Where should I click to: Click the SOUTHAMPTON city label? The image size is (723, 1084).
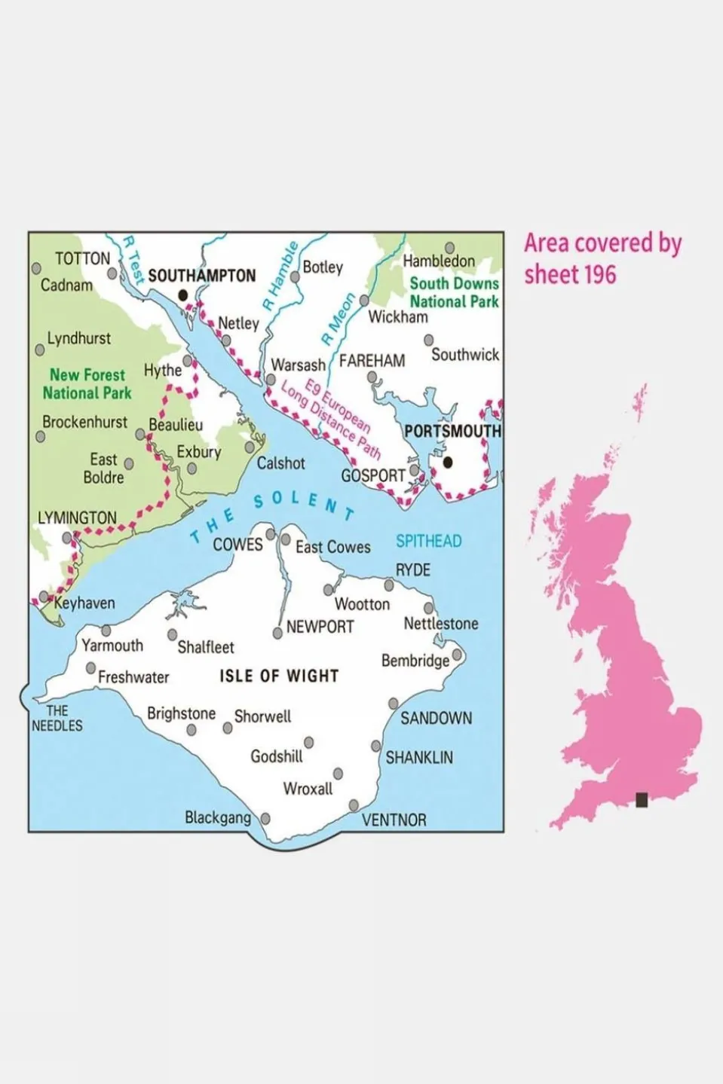[201, 276]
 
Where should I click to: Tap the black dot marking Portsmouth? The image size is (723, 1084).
[448, 462]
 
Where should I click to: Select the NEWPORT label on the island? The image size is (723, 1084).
[320, 627]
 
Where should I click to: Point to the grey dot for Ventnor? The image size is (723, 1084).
[354, 805]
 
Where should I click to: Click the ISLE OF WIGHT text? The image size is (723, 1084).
[279, 676]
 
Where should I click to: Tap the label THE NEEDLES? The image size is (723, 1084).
[57, 718]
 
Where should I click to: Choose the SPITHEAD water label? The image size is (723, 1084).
[428, 541]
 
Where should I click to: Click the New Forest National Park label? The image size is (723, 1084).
[87, 383]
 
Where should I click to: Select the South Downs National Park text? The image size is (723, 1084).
[454, 292]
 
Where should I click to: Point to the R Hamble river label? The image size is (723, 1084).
[280, 276]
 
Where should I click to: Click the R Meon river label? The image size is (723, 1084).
[338, 319]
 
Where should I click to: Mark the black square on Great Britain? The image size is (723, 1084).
[642, 799]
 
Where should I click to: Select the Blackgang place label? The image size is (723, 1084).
[218, 817]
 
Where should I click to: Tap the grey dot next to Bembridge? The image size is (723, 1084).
[457, 655]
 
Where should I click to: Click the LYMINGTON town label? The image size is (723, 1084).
[77, 518]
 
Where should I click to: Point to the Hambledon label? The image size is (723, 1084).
[439, 261]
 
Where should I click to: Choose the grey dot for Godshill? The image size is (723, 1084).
[308, 743]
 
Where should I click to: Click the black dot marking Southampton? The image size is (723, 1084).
[182, 296]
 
